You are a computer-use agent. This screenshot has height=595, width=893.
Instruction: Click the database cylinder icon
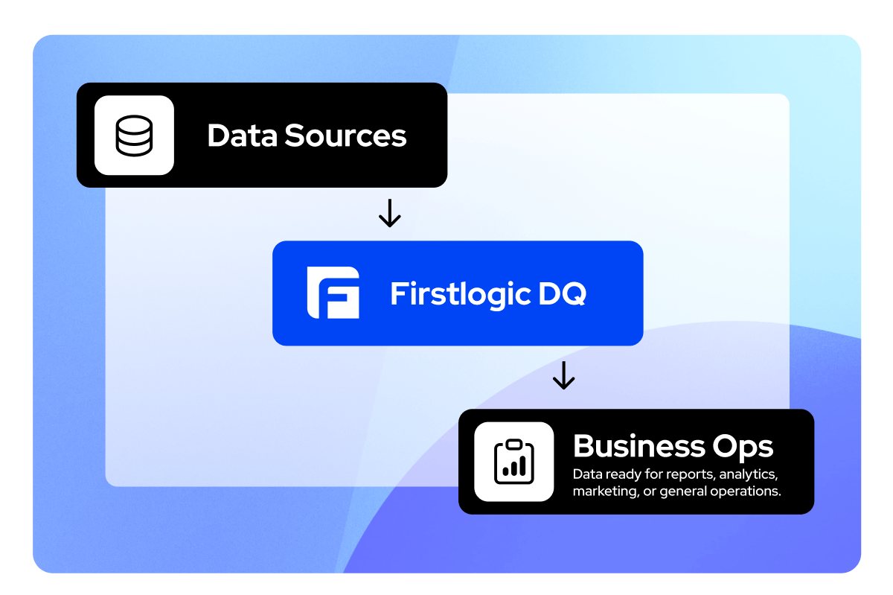134,135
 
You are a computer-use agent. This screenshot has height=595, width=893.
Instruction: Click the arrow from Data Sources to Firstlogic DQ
389,214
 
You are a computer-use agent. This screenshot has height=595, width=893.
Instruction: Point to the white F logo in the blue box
333,293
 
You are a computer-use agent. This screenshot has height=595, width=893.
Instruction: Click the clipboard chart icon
514,461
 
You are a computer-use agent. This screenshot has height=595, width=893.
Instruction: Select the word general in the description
682,491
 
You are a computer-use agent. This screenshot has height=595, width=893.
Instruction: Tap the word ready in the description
616,474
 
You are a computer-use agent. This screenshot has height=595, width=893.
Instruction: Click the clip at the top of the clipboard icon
514,445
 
